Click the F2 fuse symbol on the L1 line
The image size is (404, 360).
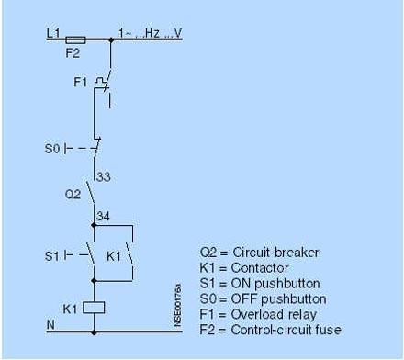tap(75, 39)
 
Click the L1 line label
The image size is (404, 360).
tap(53, 33)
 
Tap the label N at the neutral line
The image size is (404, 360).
tap(50, 324)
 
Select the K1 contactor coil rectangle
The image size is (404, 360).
tap(94, 308)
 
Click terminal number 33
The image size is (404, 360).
tap(104, 177)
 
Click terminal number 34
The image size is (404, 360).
tap(103, 217)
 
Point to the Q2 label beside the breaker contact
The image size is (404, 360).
tap(73, 194)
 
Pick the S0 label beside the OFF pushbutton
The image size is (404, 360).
tap(52, 149)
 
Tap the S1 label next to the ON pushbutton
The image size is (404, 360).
tap(51, 256)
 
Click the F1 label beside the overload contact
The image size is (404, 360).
tap(81, 82)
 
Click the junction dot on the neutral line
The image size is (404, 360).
tap(94, 332)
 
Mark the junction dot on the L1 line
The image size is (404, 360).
tap(111, 39)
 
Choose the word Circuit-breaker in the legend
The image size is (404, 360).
tap(275, 253)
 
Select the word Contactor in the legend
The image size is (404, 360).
tap(260, 268)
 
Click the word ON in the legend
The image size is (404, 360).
tap(241, 284)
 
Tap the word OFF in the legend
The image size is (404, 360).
tap(244, 298)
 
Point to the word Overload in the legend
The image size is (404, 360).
tap(257, 314)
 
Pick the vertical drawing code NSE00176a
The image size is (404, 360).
tap(177, 306)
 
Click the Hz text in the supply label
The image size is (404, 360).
tap(152, 33)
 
